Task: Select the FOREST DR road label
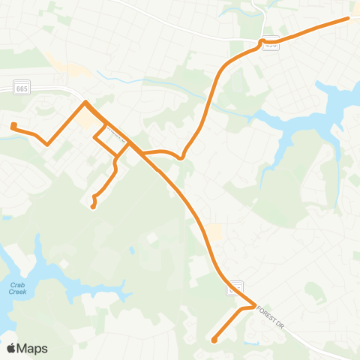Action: [271, 317]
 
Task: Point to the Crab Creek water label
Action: [17, 288]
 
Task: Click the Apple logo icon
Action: [11, 348]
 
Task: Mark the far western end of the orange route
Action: [13, 125]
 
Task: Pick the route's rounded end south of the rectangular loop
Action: [93, 206]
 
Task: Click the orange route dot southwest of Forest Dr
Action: [214, 340]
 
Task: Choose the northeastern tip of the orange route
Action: [347, 18]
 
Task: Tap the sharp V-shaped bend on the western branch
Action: [47, 143]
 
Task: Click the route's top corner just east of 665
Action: [86, 102]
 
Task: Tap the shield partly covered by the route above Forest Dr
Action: [236, 286]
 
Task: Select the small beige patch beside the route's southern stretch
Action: [214, 232]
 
